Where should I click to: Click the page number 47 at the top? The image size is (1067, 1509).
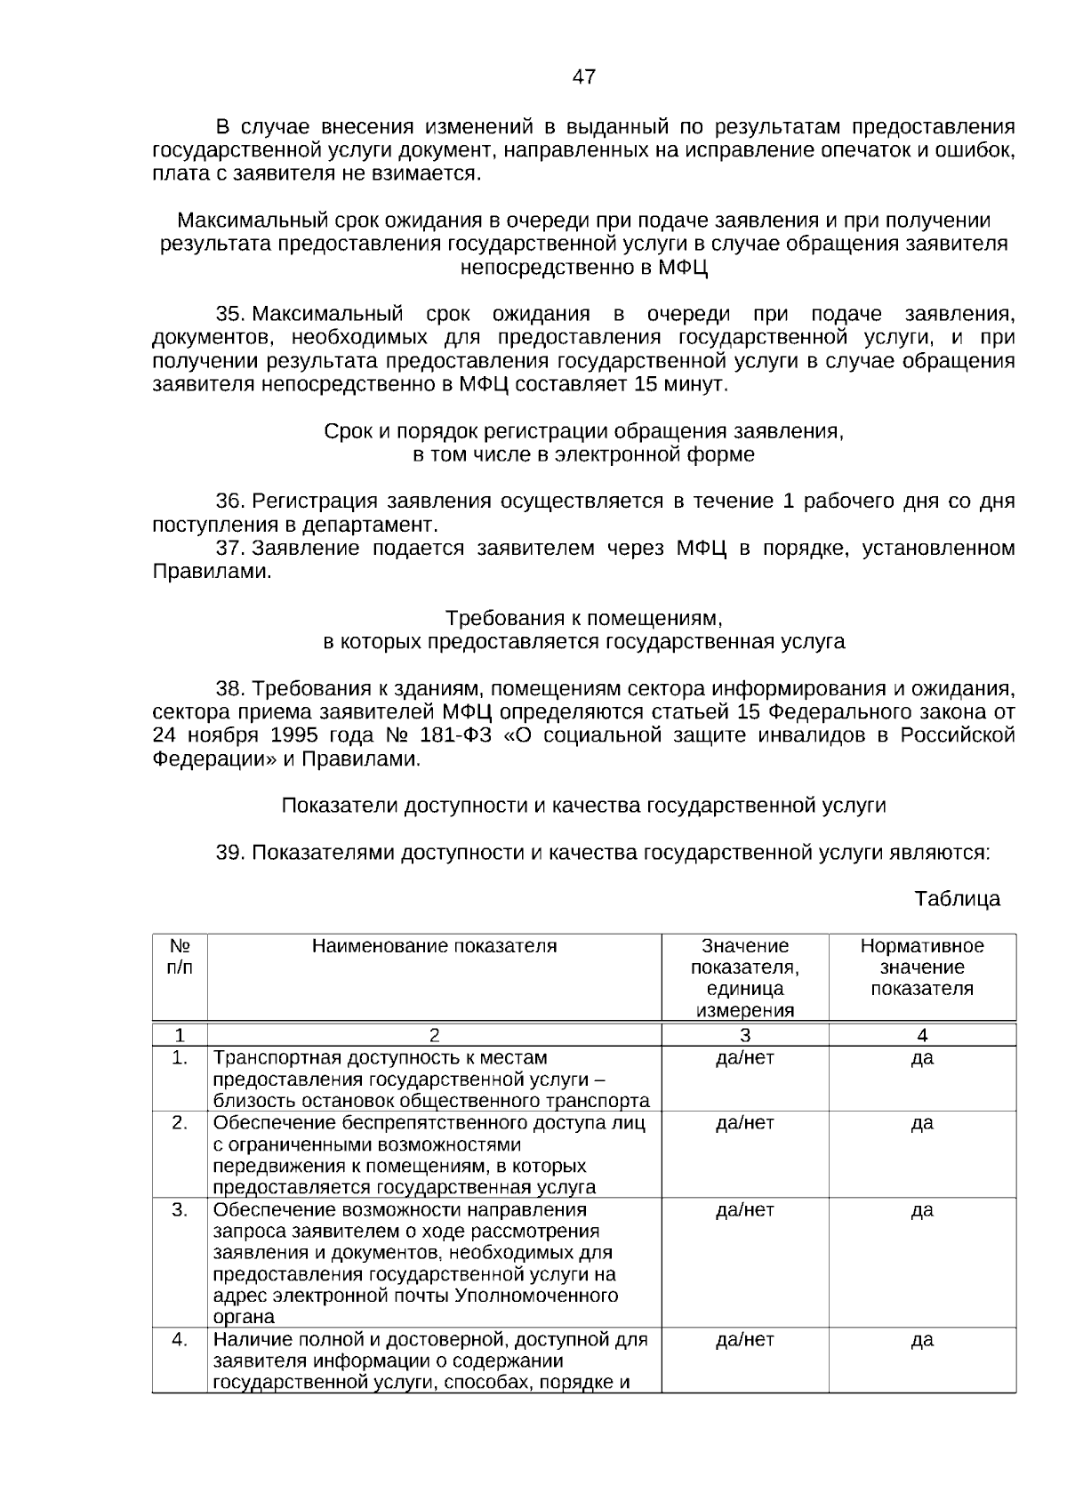click(x=583, y=77)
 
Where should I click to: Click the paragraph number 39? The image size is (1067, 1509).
click(x=229, y=852)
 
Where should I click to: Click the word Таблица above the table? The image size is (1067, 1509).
click(x=957, y=898)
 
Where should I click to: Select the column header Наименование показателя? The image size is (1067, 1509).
click(x=434, y=946)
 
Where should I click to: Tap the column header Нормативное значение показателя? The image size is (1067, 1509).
click(x=922, y=967)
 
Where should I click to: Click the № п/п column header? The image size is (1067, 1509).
click(x=180, y=957)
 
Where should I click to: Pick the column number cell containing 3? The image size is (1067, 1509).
click(x=745, y=1035)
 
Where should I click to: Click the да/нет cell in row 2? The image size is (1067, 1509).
click(x=745, y=1123)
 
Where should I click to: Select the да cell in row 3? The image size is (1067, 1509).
click(x=922, y=1210)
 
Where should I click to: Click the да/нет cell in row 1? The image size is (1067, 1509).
click(x=745, y=1058)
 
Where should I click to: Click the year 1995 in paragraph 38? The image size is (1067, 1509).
click(x=293, y=735)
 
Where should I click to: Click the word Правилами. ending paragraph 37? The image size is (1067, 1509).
click(x=212, y=571)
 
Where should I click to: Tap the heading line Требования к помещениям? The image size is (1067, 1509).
click(x=583, y=618)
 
